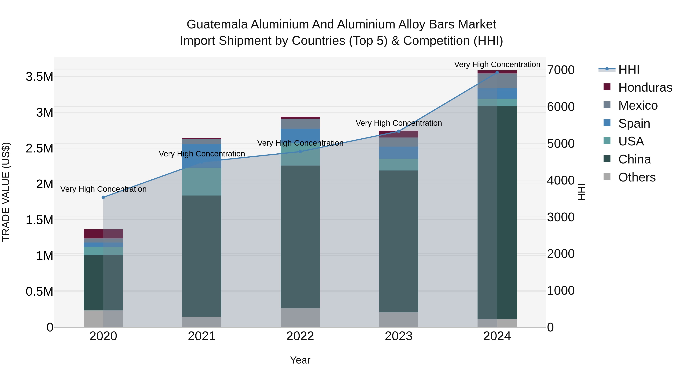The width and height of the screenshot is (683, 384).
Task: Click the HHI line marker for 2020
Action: coord(103,197)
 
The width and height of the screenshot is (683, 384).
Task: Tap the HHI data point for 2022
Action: coord(300,152)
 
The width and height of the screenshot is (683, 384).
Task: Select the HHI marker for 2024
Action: coord(497,73)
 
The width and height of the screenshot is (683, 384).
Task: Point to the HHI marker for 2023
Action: coord(399,131)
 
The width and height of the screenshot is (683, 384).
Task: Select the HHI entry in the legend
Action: coord(629,69)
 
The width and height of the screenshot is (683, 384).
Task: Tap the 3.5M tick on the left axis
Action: coord(39,77)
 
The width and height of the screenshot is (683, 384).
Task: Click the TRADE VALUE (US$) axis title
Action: coord(6,192)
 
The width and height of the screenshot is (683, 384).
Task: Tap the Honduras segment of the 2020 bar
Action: coord(103,234)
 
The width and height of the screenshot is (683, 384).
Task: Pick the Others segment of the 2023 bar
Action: coord(399,320)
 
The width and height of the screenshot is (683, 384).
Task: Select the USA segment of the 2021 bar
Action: coord(202,182)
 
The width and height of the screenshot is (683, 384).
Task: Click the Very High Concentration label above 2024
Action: coord(497,64)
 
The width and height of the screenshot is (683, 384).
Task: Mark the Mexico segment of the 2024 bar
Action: coord(497,81)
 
